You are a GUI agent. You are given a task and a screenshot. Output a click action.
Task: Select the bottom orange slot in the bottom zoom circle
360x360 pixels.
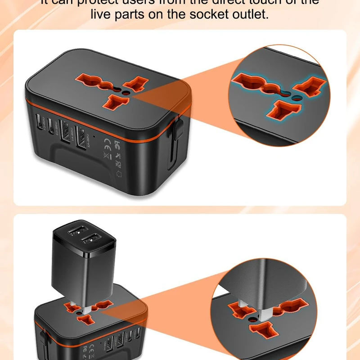265,332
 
